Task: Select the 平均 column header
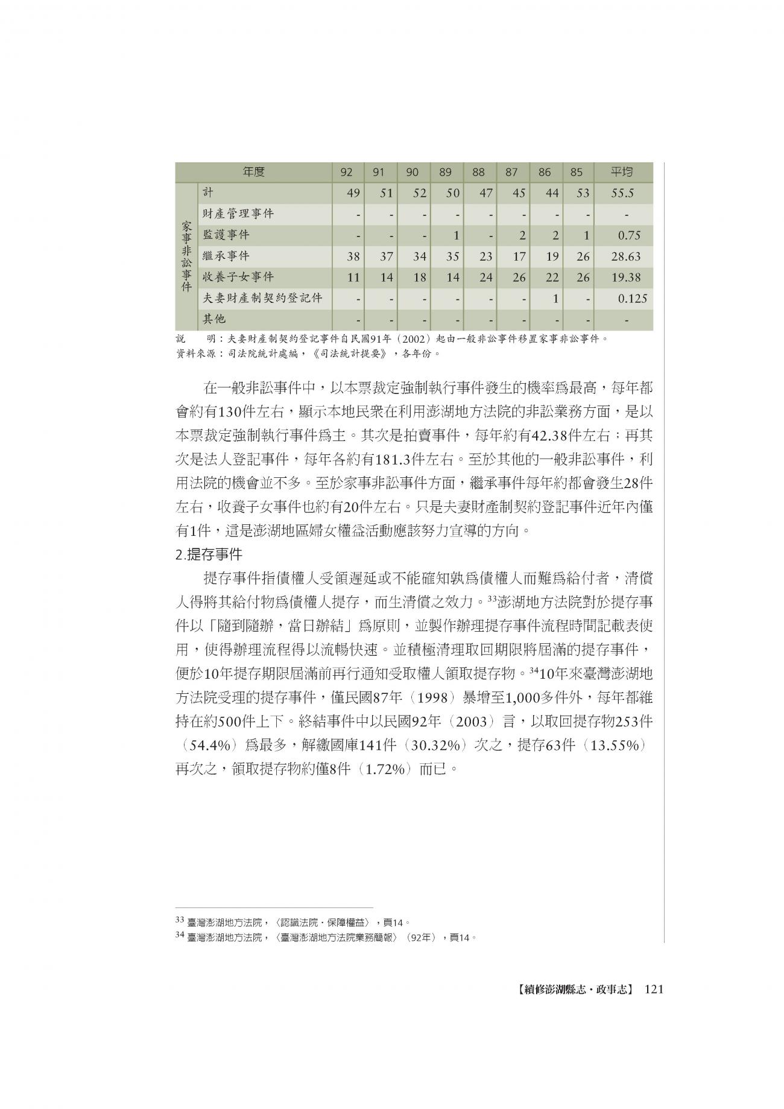point(622,173)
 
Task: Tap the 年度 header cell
point(254,173)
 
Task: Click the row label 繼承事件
point(226,256)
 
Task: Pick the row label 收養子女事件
point(238,277)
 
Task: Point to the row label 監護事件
point(226,235)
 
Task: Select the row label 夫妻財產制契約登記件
point(262,298)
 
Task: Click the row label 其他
point(214,319)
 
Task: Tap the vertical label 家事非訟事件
point(186,256)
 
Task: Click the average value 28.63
point(625,256)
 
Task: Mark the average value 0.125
point(631,298)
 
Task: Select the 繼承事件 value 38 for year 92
point(353,256)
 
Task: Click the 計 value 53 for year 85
point(582,194)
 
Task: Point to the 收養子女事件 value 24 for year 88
point(485,278)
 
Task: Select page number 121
point(654,990)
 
